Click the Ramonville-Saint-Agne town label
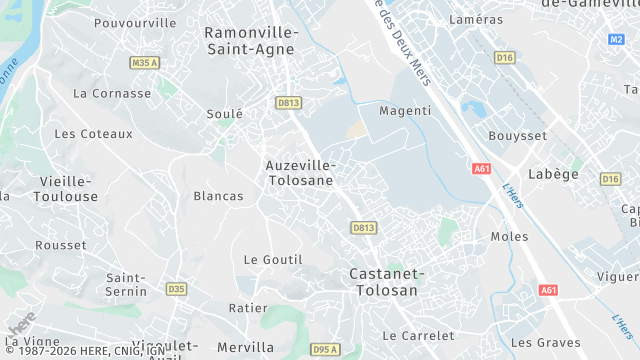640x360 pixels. [x=249, y=40]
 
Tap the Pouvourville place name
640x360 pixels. [x=134, y=22]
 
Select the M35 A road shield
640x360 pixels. [x=145, y=63]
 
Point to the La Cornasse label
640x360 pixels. [x=112, y=93]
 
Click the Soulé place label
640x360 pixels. [x=224, y=114]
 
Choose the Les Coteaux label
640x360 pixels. [x=93, y=133]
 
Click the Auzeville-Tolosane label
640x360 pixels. [x=300, y=172]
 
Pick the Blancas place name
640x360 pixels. [x=218, y=196]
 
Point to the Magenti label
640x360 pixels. [x=405, y=110]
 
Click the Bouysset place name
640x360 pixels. [x=516, y=135]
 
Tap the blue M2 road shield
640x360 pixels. [x=616, y=39]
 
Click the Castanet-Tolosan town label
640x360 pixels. [x=387, y=281]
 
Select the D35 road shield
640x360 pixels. [x=177, y=289]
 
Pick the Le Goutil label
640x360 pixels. [x=272, y=259]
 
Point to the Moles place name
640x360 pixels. [x=509, y=236]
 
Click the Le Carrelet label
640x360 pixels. [x=418, y=335]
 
